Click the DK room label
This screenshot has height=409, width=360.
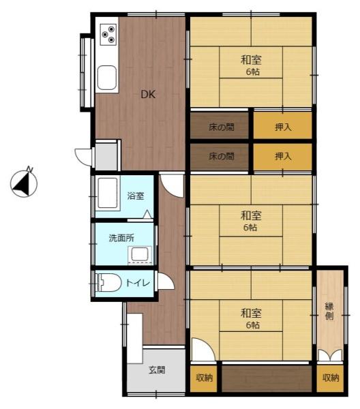coord(148,94)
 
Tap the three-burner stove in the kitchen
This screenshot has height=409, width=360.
coord(108,35)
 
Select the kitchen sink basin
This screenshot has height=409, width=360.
coord(106,78)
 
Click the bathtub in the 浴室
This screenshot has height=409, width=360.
coord(108,193)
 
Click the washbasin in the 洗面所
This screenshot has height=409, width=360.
coord(140,254)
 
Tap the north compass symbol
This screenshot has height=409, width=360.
coord(24,183)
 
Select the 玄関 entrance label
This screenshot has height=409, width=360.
coord(157,369)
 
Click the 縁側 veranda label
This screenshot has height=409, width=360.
coord(329,311)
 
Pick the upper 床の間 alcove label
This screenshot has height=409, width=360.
coord(221,127)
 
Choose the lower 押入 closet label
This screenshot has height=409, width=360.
coord(283,156)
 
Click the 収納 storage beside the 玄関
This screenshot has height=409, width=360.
coord(205,378)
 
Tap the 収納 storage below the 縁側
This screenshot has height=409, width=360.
coord(330,378)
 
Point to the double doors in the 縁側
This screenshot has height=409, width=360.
coord(330,356)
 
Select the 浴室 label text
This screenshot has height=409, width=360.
coord(136,196)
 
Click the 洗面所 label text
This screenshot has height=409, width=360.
coord(121,238)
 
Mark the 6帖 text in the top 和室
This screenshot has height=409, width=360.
coord(253,72)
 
